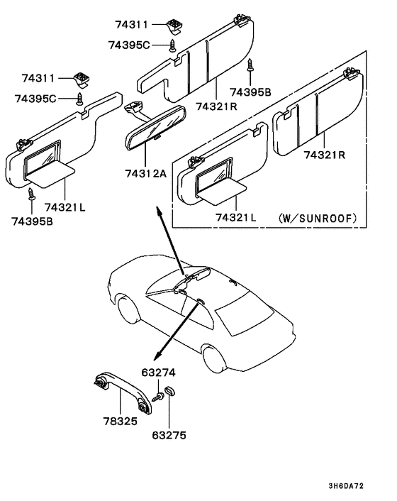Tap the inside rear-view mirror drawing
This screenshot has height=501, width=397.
point(155,127)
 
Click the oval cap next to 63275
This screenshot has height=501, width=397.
point(170,392)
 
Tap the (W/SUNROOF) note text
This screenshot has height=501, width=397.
point(317,217)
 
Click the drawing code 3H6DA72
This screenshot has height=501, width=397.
point(366,485)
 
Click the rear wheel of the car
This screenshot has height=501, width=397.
point(213,357)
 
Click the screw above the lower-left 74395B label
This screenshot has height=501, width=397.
point(31,193)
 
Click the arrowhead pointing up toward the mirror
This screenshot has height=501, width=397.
point(157,211)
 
